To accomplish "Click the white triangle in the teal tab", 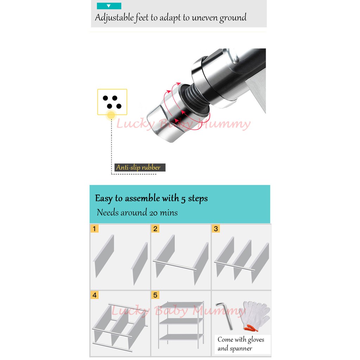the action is (x=109, y=6).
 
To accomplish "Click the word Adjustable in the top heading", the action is (x=114, y=18).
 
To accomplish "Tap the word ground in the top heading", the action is (x=233, y=18).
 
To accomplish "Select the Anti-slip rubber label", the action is (x=140, y=167).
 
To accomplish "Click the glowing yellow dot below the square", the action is (x=111, y=115).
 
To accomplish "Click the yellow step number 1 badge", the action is (x=94, y=229).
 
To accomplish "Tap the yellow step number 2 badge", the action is (x=155, y=229).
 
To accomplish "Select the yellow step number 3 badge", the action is (x=216, y=229).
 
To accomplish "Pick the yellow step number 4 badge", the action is (x=94, y=295).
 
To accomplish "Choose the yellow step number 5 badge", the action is (x=155, y=295).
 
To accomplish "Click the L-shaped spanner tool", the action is (x=226, y=316).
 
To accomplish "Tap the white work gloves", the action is (x=255, y=316).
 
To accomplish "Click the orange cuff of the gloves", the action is (x=251, y=328).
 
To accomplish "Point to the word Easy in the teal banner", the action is (x=104, y=198).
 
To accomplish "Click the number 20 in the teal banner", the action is (x=153, y=213).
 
